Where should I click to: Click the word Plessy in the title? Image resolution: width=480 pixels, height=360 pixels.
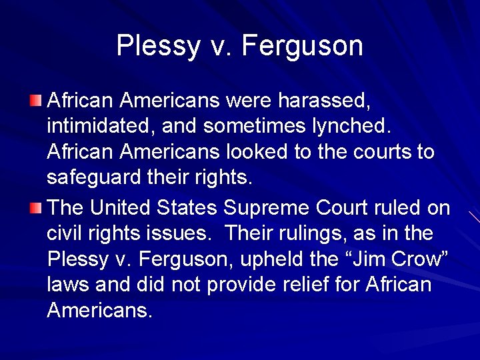tap(149, 45)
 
